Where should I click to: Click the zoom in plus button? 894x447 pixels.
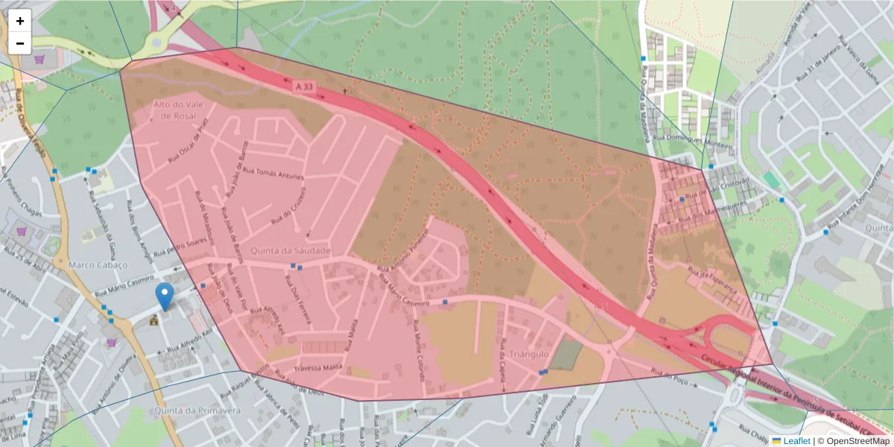click(20, 21)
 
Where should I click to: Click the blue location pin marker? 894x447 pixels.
click(165, 297)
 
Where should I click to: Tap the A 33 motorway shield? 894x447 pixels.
click(304, 87)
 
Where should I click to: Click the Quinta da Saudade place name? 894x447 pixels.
click(291, 251)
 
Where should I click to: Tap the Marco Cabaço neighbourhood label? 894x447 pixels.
click(98, 264)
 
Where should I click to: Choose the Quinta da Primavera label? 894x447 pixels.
click(197, 410)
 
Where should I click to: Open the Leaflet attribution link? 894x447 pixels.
click(796, 441)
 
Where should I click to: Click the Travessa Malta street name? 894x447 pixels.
click(318, 368)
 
